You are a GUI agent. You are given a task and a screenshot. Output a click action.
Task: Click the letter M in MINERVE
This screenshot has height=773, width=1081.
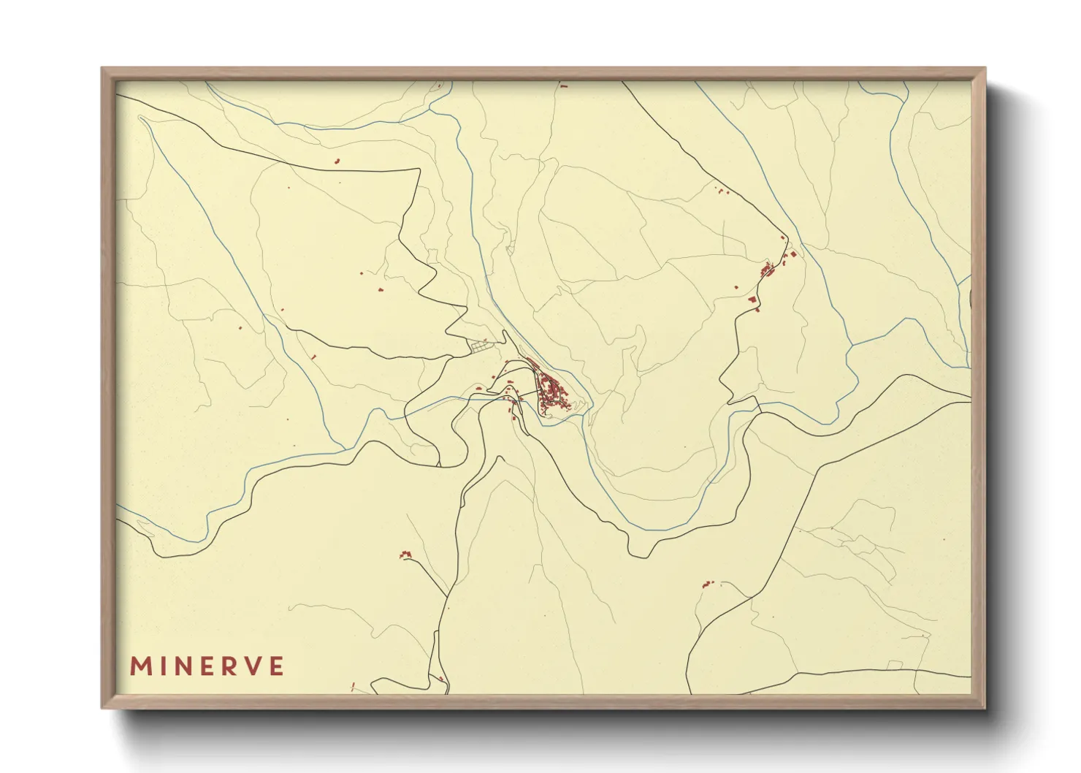[x=140, y=666]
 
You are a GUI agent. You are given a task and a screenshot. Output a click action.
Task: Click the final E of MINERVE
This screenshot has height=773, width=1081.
[x=276, y=666]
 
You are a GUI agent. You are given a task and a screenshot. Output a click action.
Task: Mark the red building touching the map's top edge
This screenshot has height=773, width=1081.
[x=563, y=85]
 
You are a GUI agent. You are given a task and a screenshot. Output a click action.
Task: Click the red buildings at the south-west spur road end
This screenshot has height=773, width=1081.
[x=405, y=555]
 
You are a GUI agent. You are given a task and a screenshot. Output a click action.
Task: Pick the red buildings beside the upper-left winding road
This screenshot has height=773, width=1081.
[x=337, y=161]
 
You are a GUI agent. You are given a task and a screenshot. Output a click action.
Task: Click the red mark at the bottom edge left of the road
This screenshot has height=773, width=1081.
[x=353, y=687]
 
